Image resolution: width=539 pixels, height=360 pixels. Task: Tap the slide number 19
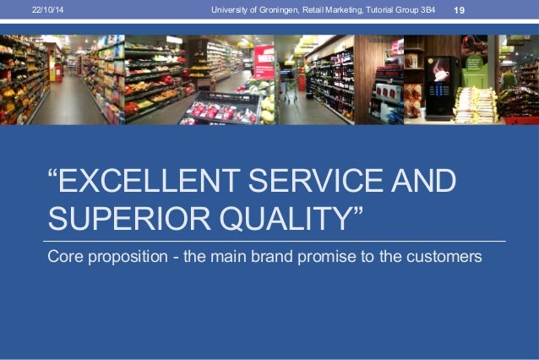460,9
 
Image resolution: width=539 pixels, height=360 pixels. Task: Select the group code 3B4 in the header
427,9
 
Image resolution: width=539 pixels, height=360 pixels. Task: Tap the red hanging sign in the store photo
264,61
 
